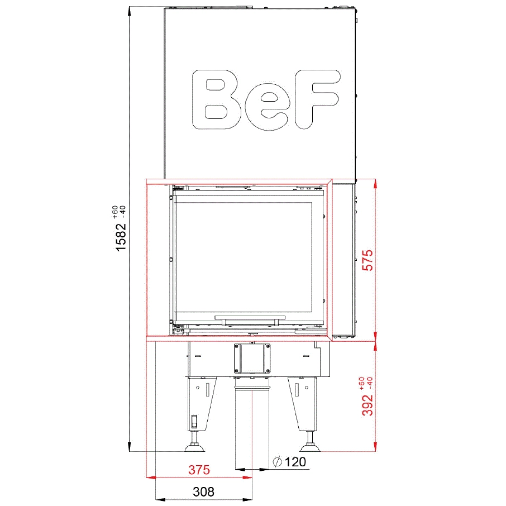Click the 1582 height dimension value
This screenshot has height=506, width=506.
[121, 237]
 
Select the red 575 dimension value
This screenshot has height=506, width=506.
[367, 260]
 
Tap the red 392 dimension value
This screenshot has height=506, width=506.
[367, 405]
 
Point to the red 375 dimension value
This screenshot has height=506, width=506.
[199, 470]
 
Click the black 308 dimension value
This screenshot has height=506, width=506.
[203, 491]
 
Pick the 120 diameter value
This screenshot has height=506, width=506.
[295, 462]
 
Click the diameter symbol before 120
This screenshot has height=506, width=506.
[278, 462]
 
